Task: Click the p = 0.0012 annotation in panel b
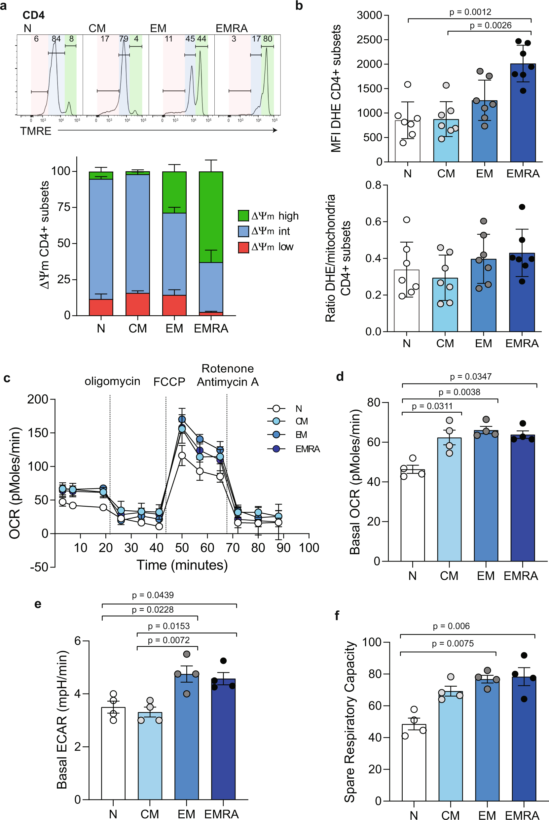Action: pos(470,12)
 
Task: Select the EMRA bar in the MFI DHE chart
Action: pos(522,116)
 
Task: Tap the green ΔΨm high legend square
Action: pos(243,216)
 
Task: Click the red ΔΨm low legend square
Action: pos(243,247)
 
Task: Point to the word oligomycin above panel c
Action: pos(112,381)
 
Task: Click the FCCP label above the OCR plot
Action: pos(169,382)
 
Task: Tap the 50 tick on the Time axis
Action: pos(182,547)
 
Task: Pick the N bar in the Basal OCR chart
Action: pos(413,518)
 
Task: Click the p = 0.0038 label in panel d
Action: pos(459,392)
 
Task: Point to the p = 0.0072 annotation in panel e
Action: pos(168,640)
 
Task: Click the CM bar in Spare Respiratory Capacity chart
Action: pos(450,749)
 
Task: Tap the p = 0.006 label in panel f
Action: pos(451,626)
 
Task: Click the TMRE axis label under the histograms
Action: pos(36,131)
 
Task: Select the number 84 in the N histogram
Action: pos(56,39)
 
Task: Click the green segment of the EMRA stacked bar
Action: pos(211,217)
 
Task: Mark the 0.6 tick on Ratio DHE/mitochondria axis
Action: pos(373,222)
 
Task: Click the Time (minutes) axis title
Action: pos(182,565)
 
